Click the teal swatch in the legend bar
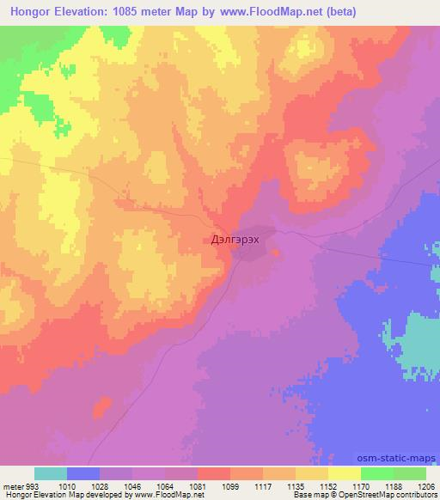coord(50,473)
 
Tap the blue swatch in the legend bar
coord(82,473)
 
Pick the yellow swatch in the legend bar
coord(344,473)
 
